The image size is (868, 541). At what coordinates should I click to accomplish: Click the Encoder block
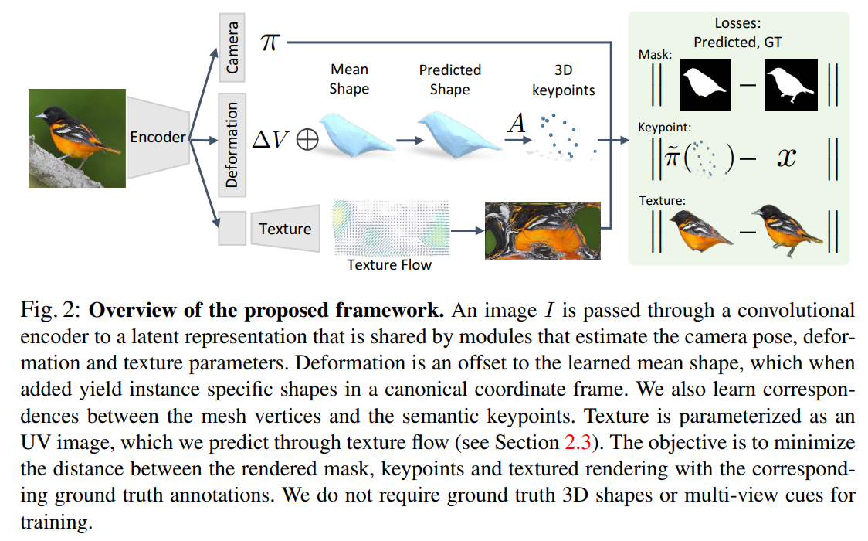[157, 138]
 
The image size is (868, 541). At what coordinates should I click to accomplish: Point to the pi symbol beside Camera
[269, 43]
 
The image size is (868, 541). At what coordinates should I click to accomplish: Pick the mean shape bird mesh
[354, 135]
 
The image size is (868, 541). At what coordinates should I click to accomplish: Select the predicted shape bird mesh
[451, 135]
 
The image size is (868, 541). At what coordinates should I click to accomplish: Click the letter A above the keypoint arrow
[515, 124]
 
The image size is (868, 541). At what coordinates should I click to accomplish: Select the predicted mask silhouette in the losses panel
[704, 85]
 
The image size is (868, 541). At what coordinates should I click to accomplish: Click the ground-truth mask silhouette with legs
[790, 85]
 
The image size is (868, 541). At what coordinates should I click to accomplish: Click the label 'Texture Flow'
[389, 265]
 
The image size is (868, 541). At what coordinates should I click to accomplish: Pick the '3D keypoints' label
[563, 80]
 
